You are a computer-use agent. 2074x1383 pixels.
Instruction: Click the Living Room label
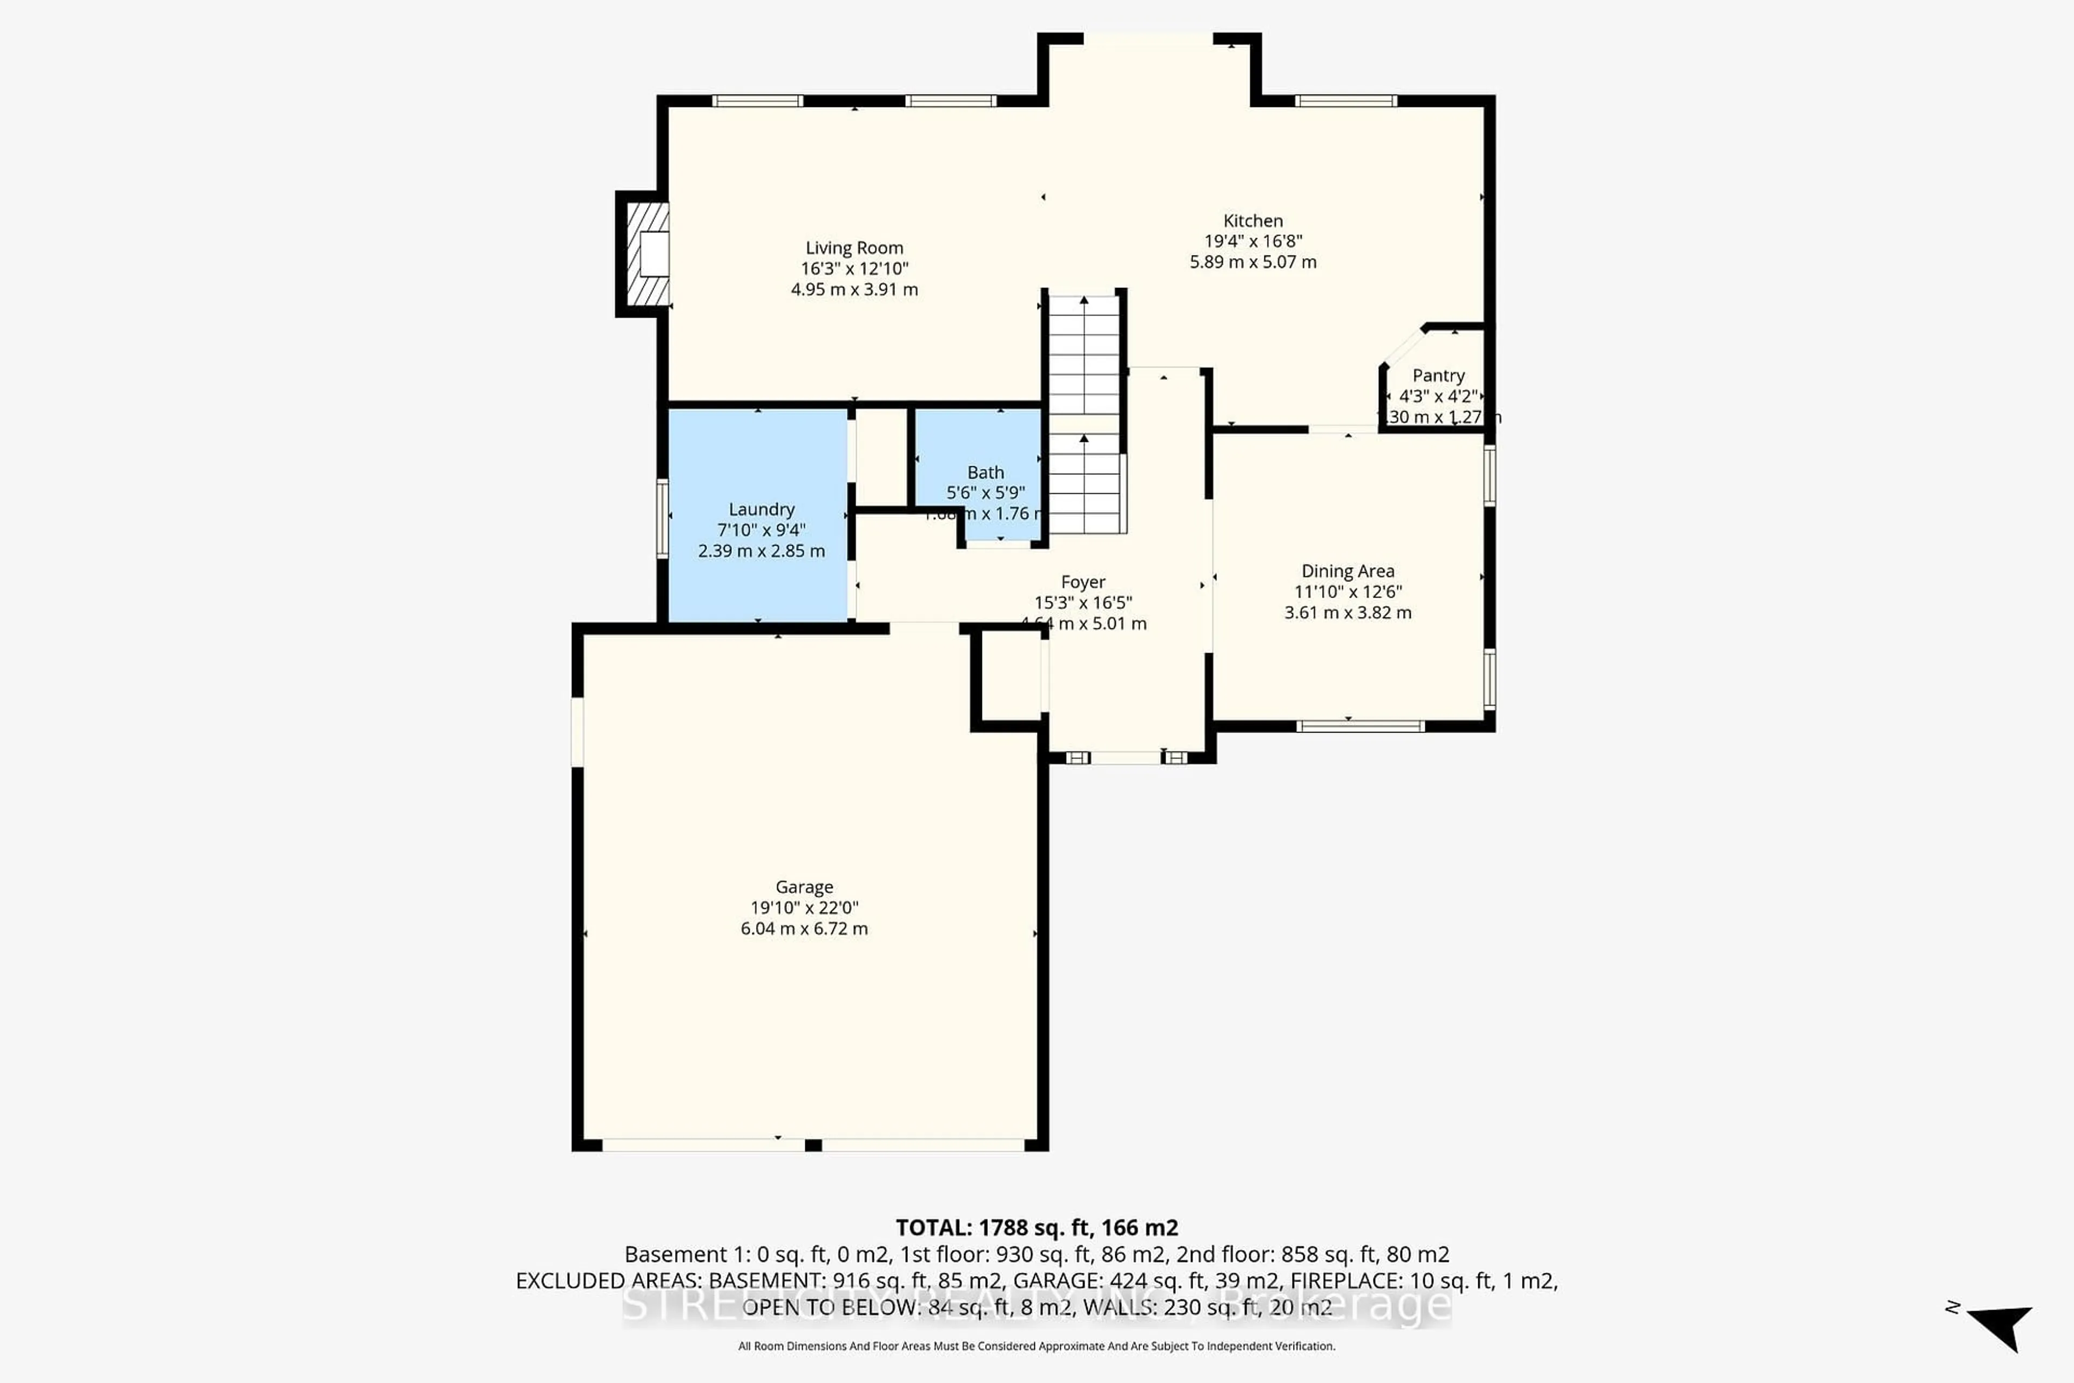(853, 248)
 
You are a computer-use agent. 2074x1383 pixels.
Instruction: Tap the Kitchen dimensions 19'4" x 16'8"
(1252, 241)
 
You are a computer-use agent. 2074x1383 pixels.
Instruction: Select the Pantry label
(1438, 376)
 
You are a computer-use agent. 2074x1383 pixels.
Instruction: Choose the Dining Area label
(1348, 570)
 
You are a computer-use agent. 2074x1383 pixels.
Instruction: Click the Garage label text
(803, 887)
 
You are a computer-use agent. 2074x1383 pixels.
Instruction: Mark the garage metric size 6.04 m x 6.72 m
(803, 928)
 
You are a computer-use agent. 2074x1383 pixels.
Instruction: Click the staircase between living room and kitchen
(1084, 414)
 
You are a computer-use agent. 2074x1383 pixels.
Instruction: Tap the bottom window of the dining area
(1360, 726)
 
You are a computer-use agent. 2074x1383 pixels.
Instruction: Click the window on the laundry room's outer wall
(662, 519)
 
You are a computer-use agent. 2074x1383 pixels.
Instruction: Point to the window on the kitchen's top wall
(1345, 100)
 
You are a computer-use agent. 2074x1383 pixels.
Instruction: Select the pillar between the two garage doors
(813, 1145)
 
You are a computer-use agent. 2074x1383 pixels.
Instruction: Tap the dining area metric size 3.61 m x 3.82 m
(1348, 612)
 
